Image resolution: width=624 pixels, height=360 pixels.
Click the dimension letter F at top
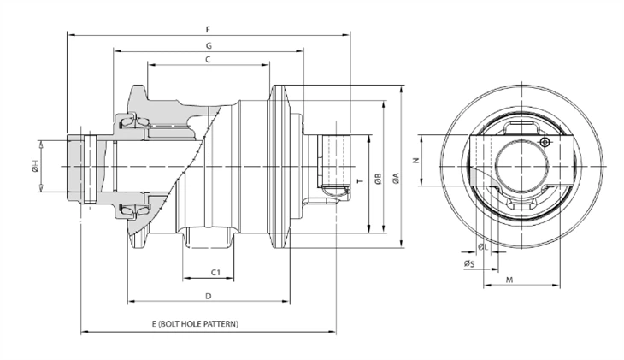209,29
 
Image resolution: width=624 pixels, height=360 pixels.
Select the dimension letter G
209,44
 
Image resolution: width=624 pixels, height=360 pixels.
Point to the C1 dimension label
216,272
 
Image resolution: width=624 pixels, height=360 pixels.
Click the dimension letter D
209,296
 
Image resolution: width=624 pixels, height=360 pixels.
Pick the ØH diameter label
35,168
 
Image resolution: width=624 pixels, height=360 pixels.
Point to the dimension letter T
359,182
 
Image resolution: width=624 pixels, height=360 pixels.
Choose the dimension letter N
414,160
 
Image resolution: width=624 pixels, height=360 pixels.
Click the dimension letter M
509,280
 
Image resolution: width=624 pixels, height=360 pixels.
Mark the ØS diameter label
468,264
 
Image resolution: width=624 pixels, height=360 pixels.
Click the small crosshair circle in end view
545,142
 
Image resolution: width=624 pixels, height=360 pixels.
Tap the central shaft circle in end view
521,161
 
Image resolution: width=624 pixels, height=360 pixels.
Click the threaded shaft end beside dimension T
333,162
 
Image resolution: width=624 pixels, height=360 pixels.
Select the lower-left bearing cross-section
132,210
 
